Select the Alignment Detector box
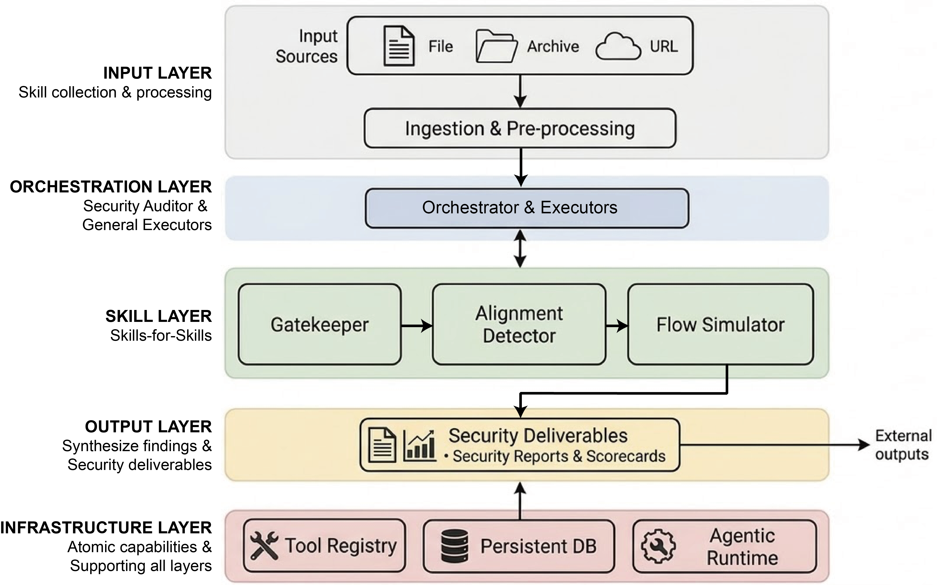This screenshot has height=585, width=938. coord(519,324)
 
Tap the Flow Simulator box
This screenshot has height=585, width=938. coord(721,324)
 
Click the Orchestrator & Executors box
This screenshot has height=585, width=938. coord(527,208)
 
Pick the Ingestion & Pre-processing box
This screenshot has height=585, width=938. coord(520,128)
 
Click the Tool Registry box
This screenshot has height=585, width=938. coord(324,545)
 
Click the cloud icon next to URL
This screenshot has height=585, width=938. coord(618,46)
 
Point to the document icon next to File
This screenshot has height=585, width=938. coord(399,46)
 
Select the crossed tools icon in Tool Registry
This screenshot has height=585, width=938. coord(264,545)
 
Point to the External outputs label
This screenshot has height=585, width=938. coord(903,445)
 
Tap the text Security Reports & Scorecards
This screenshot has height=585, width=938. coord(559,456)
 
